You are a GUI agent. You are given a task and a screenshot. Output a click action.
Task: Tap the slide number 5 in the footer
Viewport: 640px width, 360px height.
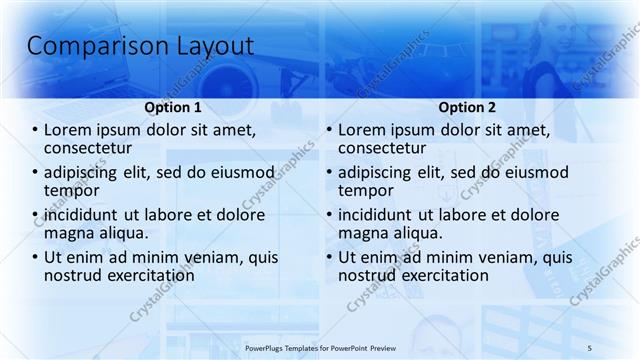click(x=590, y=346)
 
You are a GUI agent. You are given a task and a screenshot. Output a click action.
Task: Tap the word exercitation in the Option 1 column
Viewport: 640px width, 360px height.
click(x=151, y=276)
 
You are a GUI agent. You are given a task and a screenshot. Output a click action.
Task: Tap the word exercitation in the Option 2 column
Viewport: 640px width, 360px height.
click(x=445, y=276)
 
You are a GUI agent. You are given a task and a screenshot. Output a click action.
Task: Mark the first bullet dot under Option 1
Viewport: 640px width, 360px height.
click(x=35, y=130)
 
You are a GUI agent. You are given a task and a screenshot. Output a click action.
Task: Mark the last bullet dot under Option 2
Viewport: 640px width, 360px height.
click(x=329, y=258)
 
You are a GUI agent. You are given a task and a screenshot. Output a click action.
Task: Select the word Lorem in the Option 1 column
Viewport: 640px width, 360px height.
click(x=67, y=130)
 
